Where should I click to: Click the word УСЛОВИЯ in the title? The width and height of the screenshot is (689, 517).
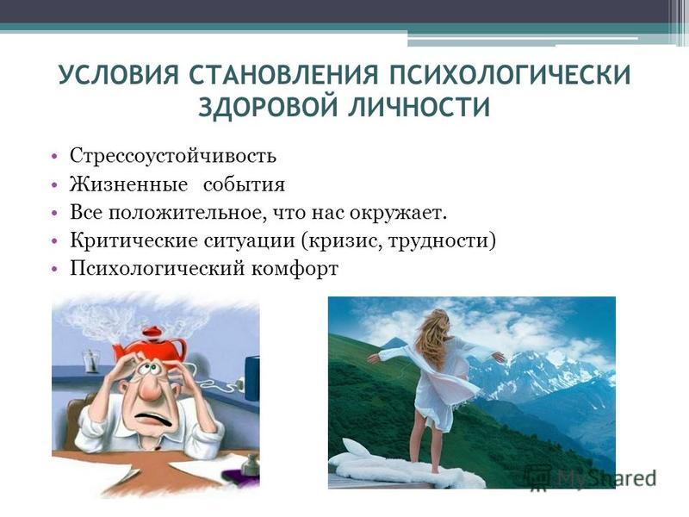tap(119, 75)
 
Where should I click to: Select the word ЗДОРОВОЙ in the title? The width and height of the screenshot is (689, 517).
tap(267, 107)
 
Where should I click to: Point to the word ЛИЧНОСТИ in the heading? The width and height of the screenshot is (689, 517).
tap(419, 107)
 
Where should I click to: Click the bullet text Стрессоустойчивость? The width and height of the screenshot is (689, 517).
tap(173, 156)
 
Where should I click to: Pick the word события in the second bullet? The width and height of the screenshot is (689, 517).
tap(244, 184)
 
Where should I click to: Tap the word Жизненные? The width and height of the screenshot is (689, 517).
tap(128, 184)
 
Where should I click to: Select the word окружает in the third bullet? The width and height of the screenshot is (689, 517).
tap(398, 213)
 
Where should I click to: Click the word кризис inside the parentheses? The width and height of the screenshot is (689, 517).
tap(340, 241)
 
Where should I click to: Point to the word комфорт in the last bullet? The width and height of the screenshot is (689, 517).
tap(295, 269)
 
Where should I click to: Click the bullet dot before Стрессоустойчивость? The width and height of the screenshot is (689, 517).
tap(54, 157)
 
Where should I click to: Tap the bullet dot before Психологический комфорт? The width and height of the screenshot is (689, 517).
tap(54, 269)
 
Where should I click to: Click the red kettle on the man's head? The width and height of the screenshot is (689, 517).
tap(150, 344)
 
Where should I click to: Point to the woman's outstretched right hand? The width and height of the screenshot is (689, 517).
tap(499, 356)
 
